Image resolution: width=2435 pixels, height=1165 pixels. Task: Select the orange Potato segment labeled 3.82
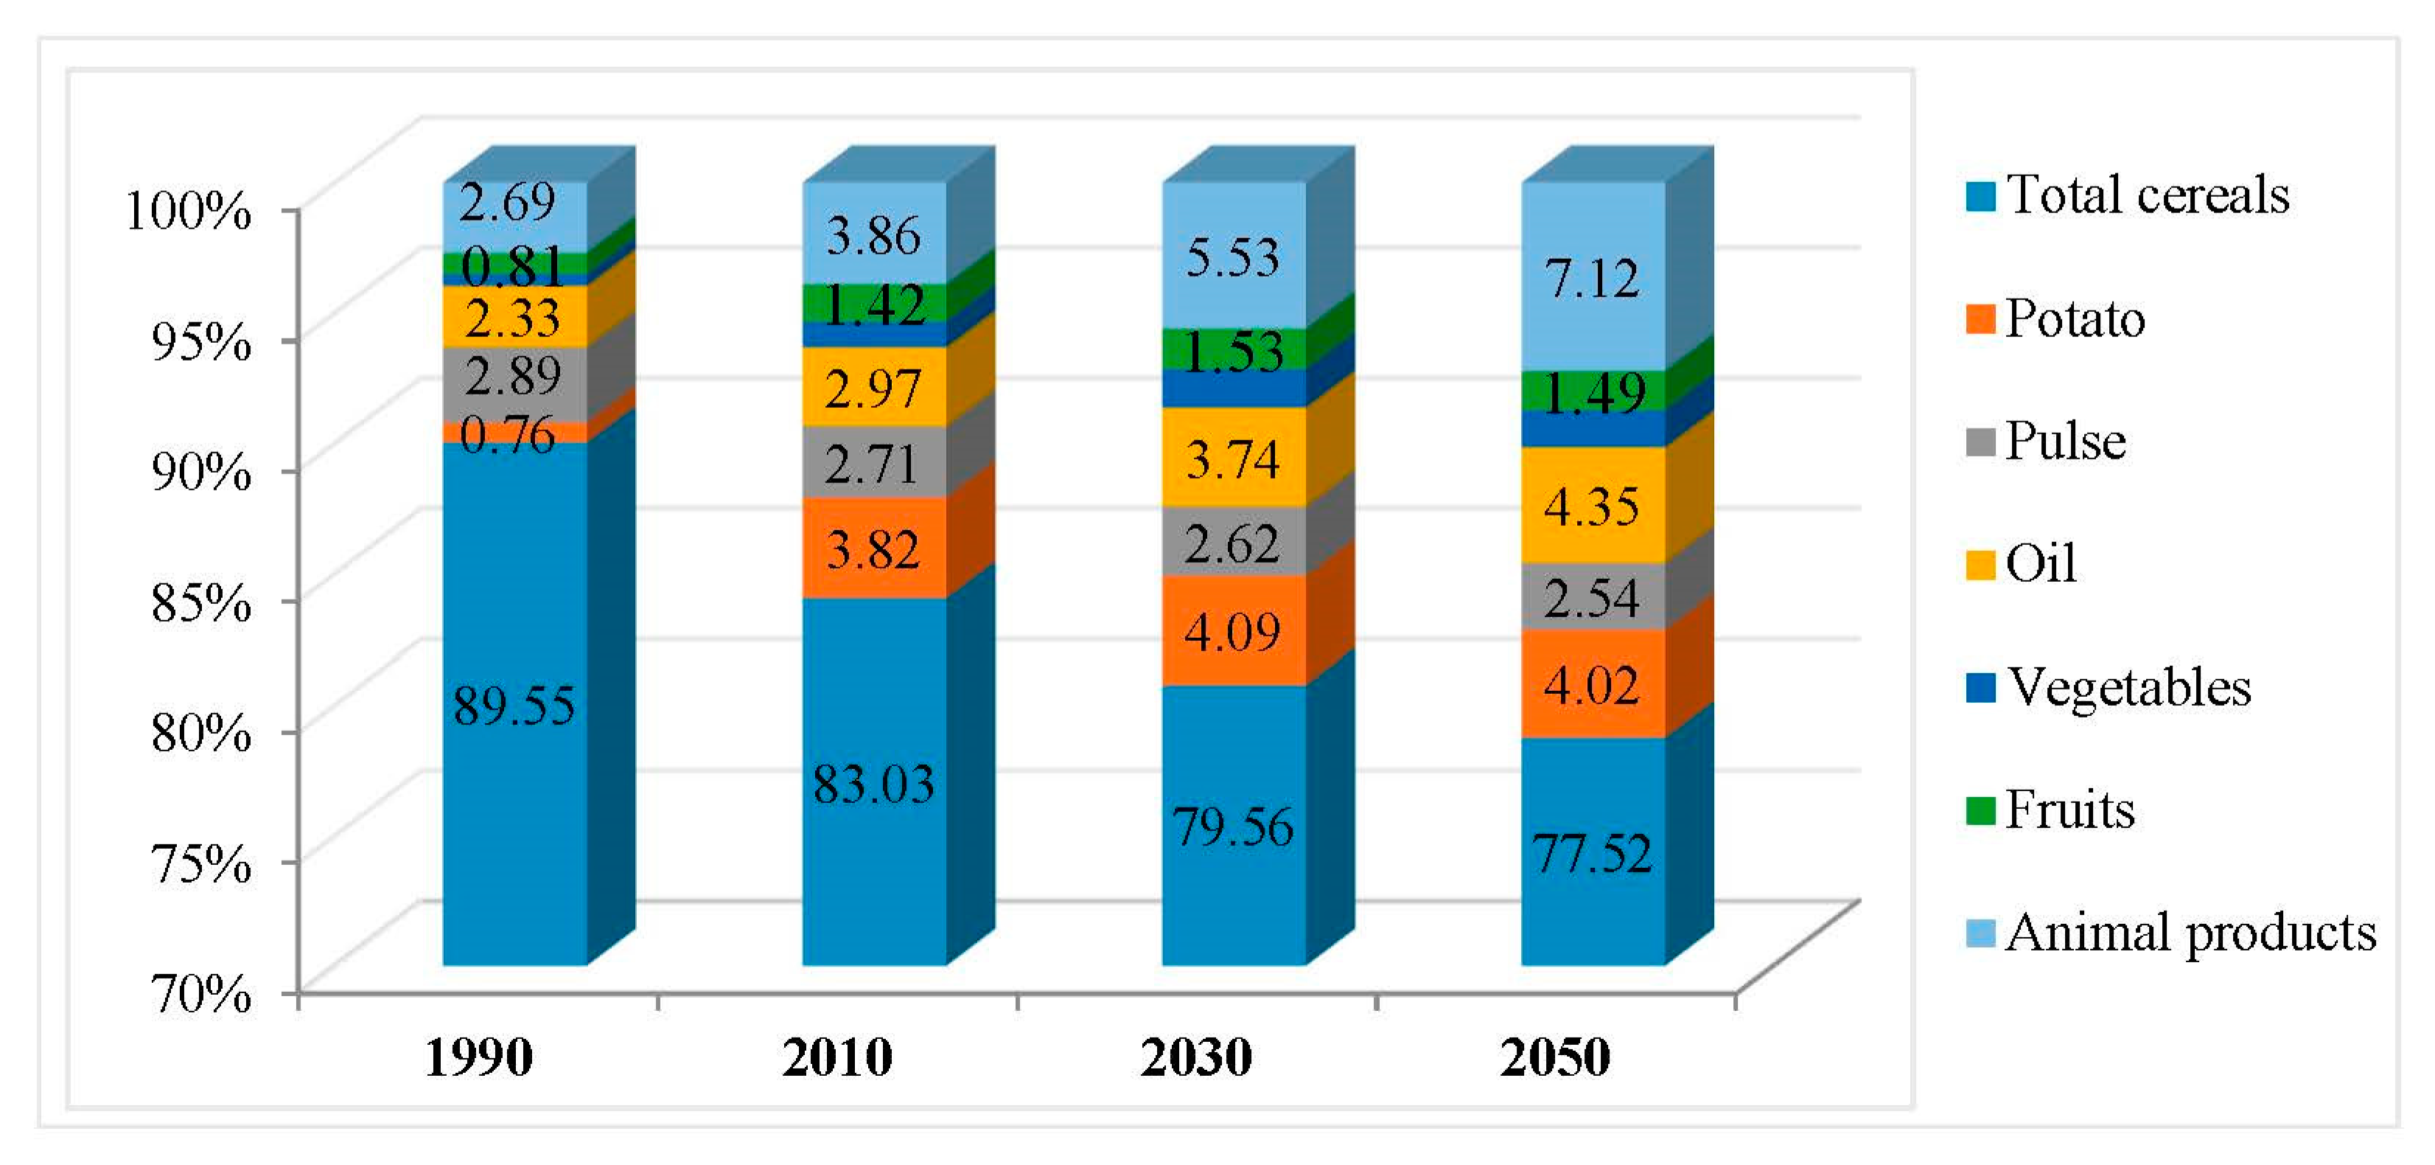pyautogui.click(x=873, y=549)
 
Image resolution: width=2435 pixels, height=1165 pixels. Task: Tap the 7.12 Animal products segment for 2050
pyautogui.click(x=1592, y=278)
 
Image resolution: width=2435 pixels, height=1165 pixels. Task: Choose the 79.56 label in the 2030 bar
pyautogui.click(x=1233, y=827)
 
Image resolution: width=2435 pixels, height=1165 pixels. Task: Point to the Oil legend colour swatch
pyautogui.click(x=1980, y=566)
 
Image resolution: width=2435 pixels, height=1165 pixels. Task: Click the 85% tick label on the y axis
pyautogui.click(x=201, y=602)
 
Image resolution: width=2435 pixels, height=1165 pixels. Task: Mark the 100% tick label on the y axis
pyautogui.click(x=189, y=210)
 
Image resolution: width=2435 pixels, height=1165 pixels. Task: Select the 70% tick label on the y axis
pyautogui.click(x=201, y=994)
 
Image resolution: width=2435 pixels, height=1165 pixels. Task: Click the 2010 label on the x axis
pyautogui.click(x=837, y=1057)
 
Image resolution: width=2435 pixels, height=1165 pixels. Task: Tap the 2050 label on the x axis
pyautogui.click(x=1555, y=1057)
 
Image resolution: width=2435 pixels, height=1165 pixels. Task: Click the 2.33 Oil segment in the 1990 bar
pyautogui.click(x=513, y=317)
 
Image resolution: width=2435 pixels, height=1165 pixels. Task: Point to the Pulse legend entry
pyautogui.click(x=2064, y=442)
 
